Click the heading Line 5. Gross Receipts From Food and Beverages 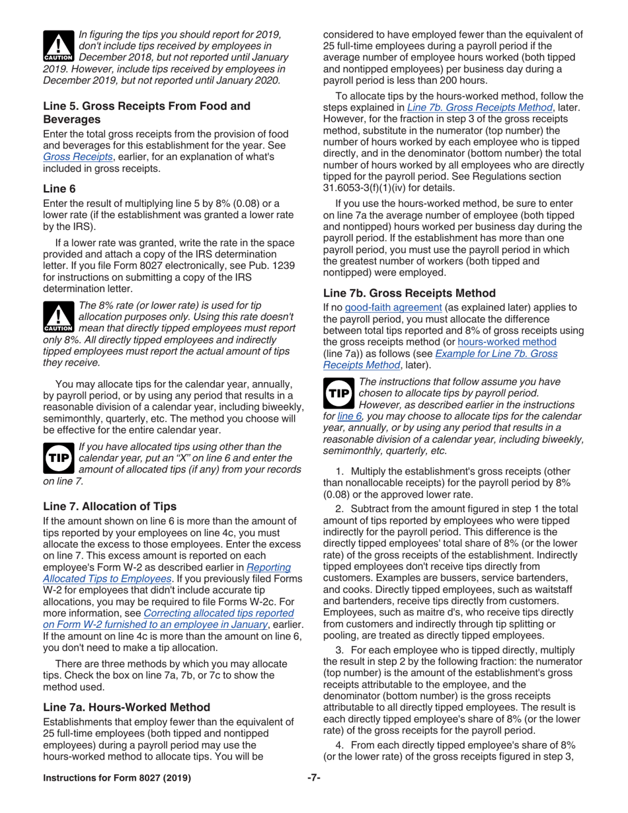146,112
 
